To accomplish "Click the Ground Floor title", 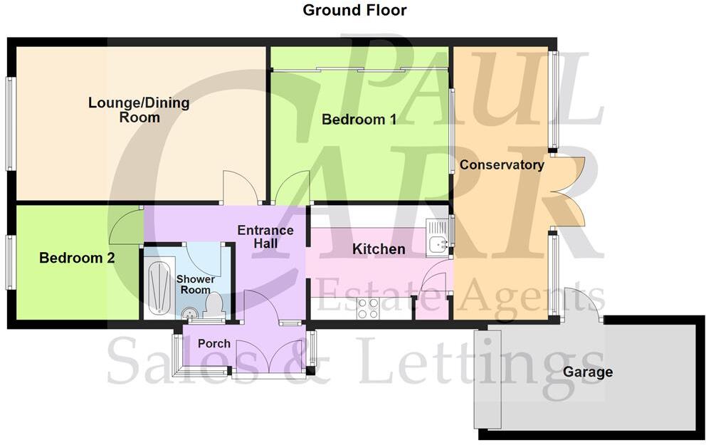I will tap(354, 10).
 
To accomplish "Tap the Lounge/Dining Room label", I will tap(139, 110).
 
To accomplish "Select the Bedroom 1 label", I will tap(359, 120).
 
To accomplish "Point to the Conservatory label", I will tap(502, 165).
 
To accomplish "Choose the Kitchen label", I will tap(379, 249).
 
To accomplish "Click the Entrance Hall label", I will tap(265, 237).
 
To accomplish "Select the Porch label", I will tap(214, 343).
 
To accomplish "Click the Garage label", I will tap(588, 372).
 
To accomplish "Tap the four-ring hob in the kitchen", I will tap(367, 308).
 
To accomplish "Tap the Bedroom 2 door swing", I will tap(125, 225).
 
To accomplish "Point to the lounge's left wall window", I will tap(10, 124).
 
